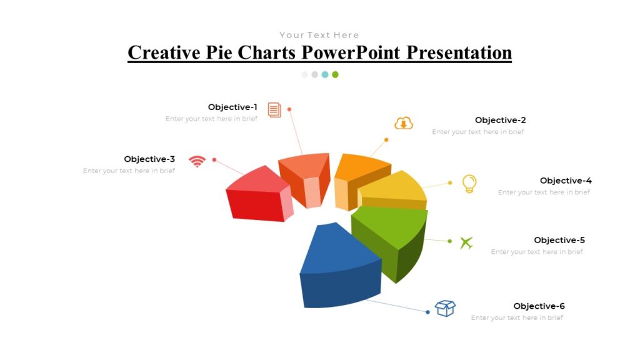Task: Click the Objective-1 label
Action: point(232,107)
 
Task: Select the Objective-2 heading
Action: point(500,120)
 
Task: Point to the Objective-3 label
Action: point(149,159)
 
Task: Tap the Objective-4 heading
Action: point(566,181)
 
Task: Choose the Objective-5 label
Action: point(559,240)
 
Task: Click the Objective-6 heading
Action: point(539,306)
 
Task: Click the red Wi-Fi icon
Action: point(197,161)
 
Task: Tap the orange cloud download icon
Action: point(404,123)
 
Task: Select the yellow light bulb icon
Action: point(469,184)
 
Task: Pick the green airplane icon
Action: point(466,242)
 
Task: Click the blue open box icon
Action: point(445,308)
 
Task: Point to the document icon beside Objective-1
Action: point(274,110)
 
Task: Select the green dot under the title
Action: point(335,74)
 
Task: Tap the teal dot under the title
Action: point(325,74)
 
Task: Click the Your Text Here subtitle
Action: point(319,35)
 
